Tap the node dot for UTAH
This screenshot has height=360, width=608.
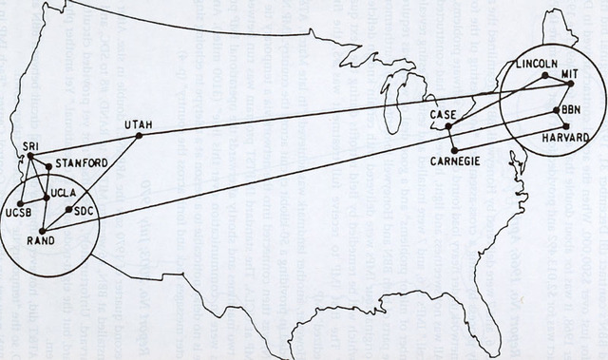tap(140, 136)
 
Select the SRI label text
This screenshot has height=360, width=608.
tap(30, 144)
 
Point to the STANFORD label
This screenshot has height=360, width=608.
tap(82, 162)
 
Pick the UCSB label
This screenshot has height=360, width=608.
tap(20, 215)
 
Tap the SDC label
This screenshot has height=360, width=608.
tap(85, 211)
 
